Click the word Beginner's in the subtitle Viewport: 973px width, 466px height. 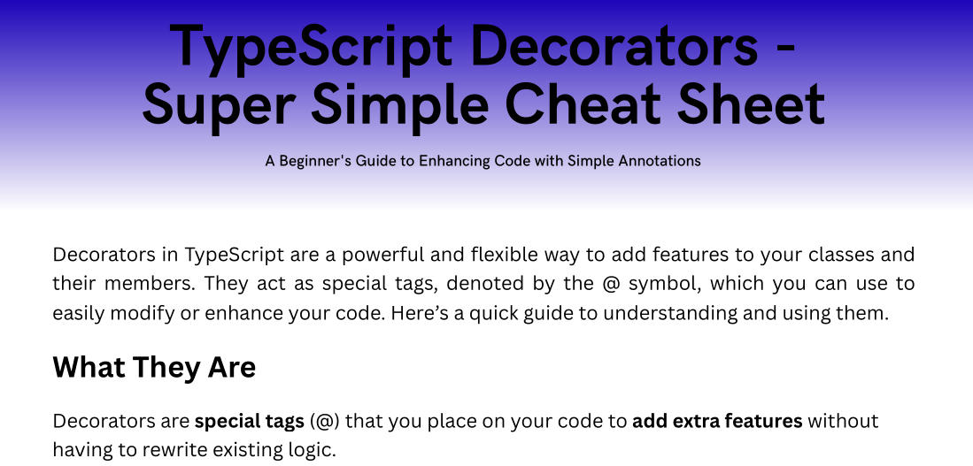click(315, 161)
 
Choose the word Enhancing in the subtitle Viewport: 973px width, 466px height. click(455, 161)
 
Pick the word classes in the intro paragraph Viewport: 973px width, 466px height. click(825, 255)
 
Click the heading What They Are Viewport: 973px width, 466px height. click(154, 367)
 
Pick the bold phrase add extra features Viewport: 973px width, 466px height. click(717, 422)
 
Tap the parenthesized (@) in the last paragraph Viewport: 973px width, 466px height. click(325, 422)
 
